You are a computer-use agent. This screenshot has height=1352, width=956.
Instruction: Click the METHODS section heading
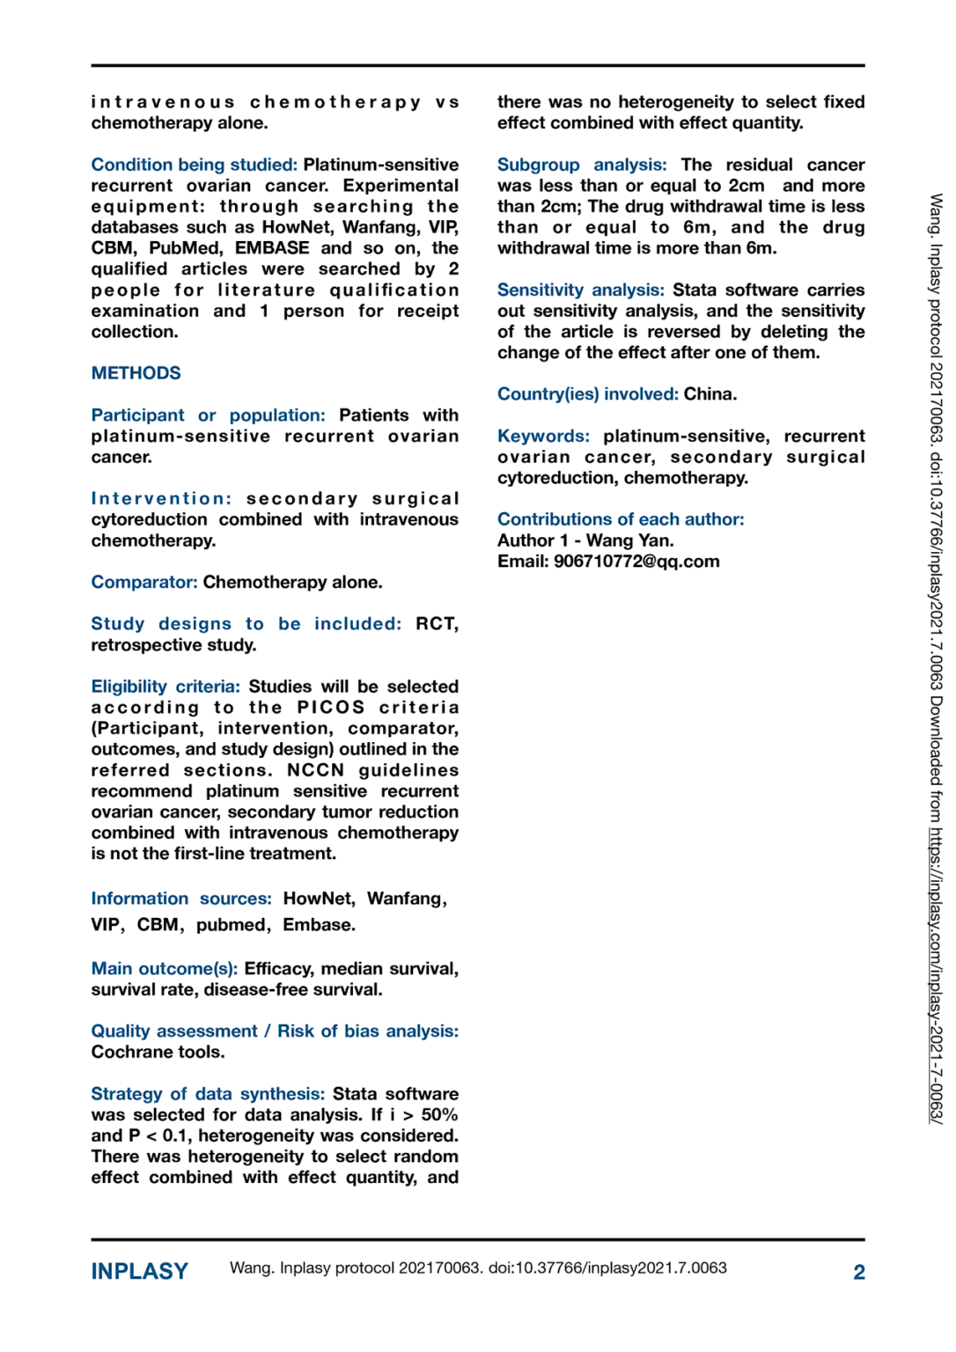pyautogui.click(x=136, y=373)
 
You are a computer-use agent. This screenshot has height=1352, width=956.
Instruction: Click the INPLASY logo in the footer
pyautogui.click(x=140, y=1271)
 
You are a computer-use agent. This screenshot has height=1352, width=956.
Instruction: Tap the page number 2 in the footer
pyautogui.click(x=858, y=1272)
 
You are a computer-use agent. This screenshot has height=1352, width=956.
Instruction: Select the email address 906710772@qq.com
pyautogui.click(x=636, y=562)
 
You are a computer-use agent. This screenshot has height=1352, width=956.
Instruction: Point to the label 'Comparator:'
pyautogui.click(x=144, y=583)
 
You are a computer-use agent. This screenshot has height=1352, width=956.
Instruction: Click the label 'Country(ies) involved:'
pyautogui.click(x=587, y=394)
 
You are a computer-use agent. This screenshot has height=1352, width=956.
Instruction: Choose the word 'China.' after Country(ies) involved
pyautogui.click(x=710, y=394)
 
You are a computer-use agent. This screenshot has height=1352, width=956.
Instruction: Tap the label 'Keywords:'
pyautogui.click(x=543, y=437)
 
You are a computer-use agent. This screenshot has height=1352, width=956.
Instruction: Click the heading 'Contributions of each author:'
pyautogui.click(x=621, y=519)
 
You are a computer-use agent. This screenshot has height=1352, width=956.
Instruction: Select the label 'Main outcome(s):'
pyautogui.click(x=164, y=969)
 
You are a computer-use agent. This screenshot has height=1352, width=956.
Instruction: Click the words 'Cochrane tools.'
pyautogui.click(x=158, y=1052)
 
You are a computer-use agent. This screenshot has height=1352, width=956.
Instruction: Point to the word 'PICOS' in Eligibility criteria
pyautogui.click(x=330, y=708)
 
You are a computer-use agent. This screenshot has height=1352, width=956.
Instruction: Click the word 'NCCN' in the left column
pyautogui.click(x=315, y=770)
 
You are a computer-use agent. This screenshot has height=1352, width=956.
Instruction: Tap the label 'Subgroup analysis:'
pyautogui.click(x=582, y=165)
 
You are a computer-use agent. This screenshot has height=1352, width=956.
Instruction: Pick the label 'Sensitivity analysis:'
pyautogui.click(x=580, y=290)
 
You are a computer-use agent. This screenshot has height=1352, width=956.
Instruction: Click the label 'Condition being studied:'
pyautogui.click(x=194, y=165)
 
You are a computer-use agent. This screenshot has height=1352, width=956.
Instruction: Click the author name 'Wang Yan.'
pyautogui.click(x=629, y=540)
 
